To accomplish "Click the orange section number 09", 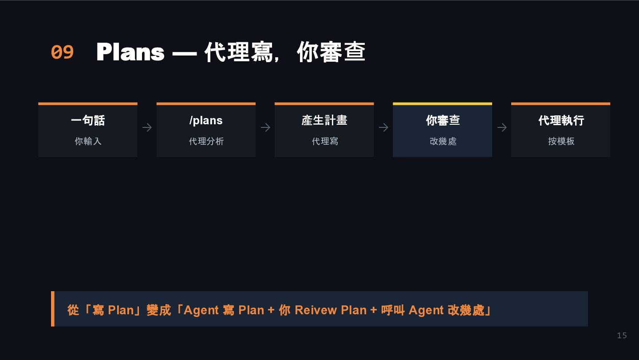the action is pyautogui.click(x=62, y=52).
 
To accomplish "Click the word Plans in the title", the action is pyautogui.click(x=130, y=52).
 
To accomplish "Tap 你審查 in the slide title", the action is pyautogui.click(x=331, y=52).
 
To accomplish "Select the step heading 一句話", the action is pyautogui.click(x=88, y=120).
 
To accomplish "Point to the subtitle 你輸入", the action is pyautogui.click(x=88, y=141).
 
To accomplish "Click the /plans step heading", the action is pyautogui.click(x=206, y=120).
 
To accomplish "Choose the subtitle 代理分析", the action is pyautogui.click(x=206, y=141).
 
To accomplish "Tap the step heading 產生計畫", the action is pyautogui.click(x=324, y=120).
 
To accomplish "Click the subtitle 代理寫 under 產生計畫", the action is pyautogui.click(x=324, y=141).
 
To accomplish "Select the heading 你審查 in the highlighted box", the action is pyautogui.click(x=442, y=120).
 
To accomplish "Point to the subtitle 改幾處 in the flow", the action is pyautogui.click(x=442, y=141).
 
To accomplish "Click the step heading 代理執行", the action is pyautogui.click(x=561, y=120).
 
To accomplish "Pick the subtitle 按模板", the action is pyautogui.click(x=561, y=141).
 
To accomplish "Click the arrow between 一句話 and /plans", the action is pyautogui.click(x=147, y=128).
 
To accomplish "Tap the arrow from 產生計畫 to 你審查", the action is pyautogui.click(x=383, y=128).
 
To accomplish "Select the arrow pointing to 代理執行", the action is pyautogui.click(x=502, y=128).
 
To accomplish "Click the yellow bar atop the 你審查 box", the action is pyautogui.click(x=442, y=104).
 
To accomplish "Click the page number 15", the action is pyautogui.click(x=622, y=336).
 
